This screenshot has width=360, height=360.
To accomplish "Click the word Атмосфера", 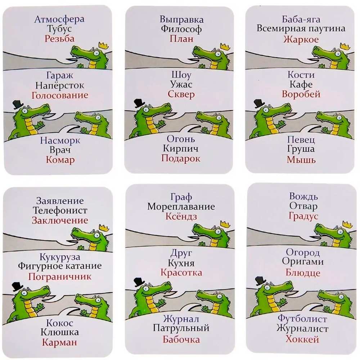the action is (59, 19).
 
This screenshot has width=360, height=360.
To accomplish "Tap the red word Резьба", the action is (60, 39).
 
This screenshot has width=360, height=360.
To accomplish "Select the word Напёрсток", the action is (60, 85).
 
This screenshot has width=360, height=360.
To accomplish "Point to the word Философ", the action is (181, 29).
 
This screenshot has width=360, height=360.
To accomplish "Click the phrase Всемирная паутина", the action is (301, 28).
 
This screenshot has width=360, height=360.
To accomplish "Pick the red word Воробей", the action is (301, 94).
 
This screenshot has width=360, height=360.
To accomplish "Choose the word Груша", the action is (301, 149).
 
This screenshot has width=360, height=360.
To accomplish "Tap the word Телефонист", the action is (60, 210).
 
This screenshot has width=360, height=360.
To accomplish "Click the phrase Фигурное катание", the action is (60, 266).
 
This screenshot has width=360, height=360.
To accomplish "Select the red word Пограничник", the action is (60, 276).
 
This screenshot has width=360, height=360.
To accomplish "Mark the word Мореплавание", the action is (181, 207).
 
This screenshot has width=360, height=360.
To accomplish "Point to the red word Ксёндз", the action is (181, 216).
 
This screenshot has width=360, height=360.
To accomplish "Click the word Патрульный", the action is (181, 328).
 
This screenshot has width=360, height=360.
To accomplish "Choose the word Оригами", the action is (303, 262).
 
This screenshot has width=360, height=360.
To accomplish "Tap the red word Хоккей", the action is (302, 339).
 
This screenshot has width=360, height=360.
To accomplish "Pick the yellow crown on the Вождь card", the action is (347, 225).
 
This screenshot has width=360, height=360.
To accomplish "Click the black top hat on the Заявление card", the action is (17, 286).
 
